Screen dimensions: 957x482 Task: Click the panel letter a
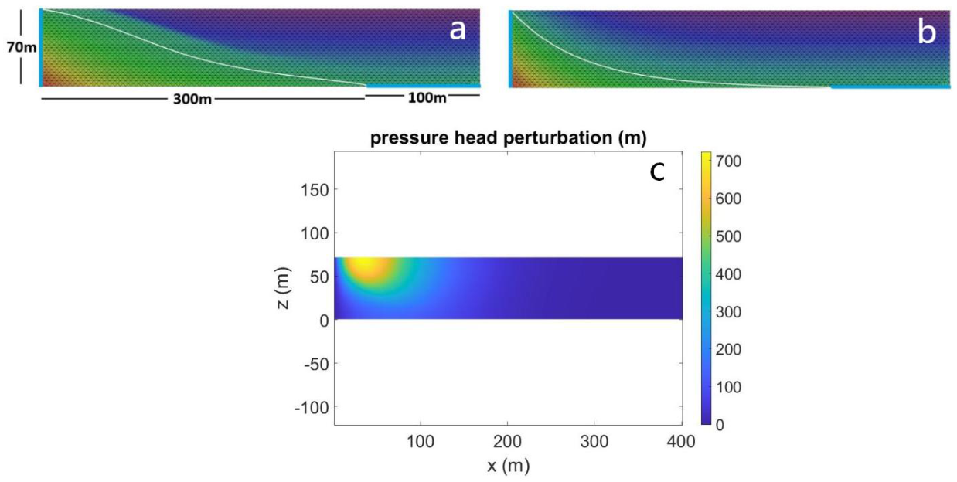point(457,31)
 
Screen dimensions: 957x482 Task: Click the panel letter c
point(657,172)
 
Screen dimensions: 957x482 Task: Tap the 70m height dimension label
point(22,47)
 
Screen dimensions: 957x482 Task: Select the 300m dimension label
point(192,100)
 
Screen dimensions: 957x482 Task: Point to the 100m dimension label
point(427,98)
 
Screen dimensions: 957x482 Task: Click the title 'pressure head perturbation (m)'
point(508,138)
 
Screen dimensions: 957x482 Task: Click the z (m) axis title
point(283,288)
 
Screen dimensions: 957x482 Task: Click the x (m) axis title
point(509,467)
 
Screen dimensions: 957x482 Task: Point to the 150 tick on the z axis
point(315,190)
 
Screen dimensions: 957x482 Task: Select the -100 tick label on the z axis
point(312,408)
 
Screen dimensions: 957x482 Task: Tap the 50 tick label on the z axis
point(319,277)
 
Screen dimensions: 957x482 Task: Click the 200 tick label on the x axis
point(507,441)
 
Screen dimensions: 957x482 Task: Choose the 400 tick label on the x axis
point(681,441)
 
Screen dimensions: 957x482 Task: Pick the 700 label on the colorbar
point(728,161)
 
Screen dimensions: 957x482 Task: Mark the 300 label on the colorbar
point(728,312)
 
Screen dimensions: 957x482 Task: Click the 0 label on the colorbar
point(720,425)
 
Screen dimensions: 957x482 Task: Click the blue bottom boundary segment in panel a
point(423,86)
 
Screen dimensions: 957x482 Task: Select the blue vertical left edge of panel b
point(510,49)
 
